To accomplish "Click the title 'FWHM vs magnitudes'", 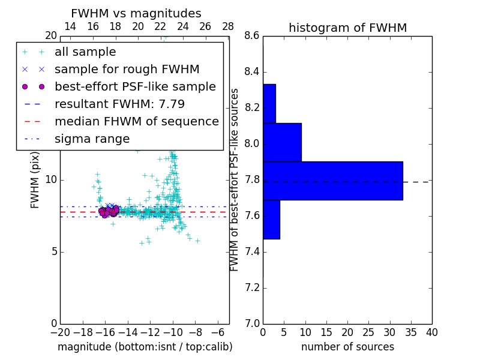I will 136,13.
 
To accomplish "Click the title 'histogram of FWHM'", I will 347,28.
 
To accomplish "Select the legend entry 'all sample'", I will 85,52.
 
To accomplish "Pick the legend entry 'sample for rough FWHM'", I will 127,69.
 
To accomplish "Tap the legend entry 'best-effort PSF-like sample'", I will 135,86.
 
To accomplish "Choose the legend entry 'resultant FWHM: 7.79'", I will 119,104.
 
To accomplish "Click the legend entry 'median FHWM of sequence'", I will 136,121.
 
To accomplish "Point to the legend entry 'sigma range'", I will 92,139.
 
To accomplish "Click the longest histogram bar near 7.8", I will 332,181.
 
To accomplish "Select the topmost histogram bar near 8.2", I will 269,104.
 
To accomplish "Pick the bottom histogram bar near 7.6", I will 271,219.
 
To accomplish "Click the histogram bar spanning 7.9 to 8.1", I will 282,142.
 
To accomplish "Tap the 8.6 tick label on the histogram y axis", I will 251,36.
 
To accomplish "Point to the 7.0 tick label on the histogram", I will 251,323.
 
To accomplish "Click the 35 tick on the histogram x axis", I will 410,332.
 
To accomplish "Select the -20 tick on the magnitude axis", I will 60,332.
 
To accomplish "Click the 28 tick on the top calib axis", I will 227,26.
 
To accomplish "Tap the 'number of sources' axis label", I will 347,347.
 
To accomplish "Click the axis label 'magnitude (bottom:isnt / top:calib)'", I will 145,347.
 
